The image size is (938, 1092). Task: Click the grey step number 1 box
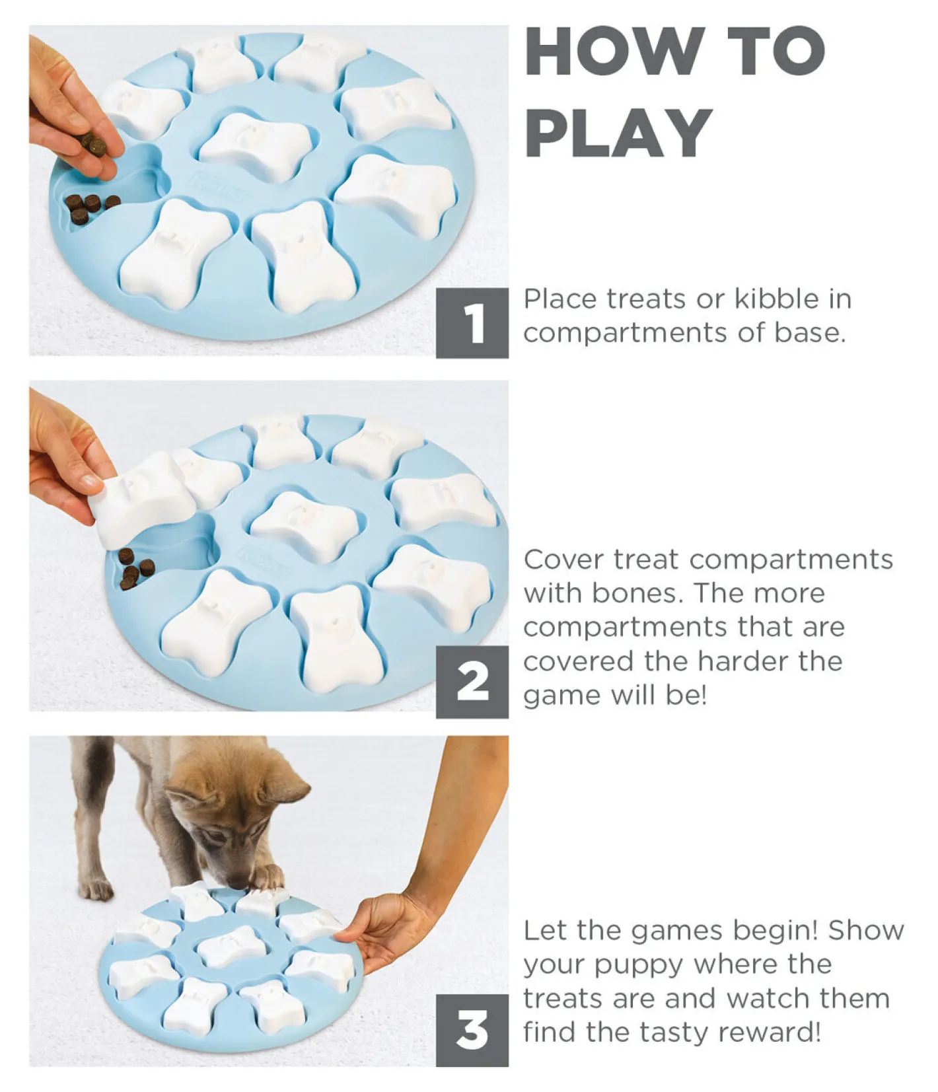(x=472, y=323)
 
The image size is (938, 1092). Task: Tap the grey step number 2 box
(x=472, y=682)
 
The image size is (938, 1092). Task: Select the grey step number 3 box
(x=472, y=1030)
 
